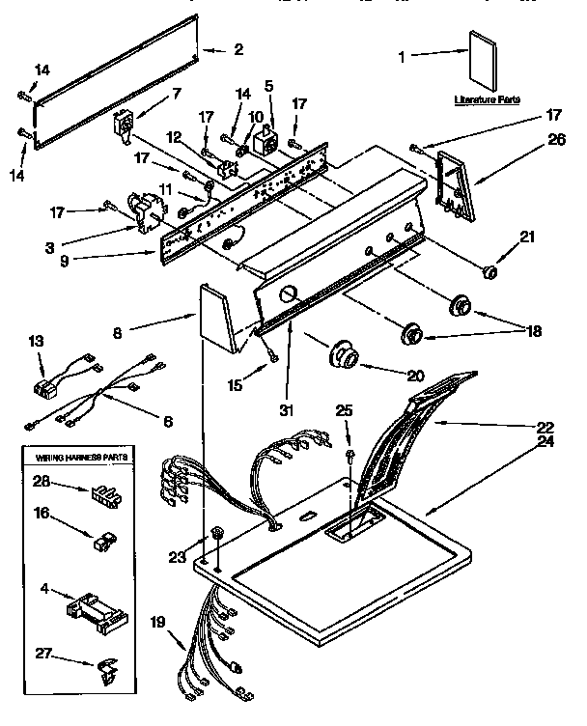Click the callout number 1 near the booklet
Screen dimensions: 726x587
[403, 56]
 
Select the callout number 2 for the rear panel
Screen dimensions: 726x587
[238, 49]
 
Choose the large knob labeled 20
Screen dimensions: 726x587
[341, 354]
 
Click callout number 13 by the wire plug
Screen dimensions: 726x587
[37, 341]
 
